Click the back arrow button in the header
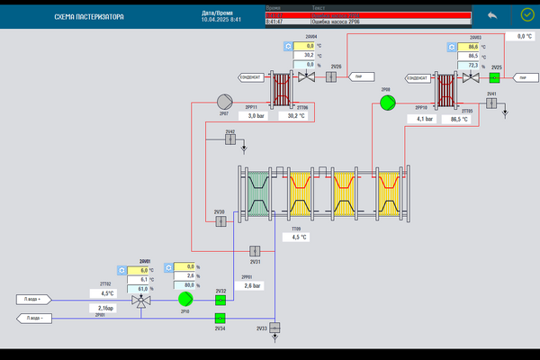pyautogui.click(x=491, y=15)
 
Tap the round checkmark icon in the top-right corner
pyautogui.click(x=527, y=15)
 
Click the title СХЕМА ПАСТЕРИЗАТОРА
pyautogui.click(x=89, y=17)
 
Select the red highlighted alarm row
pyautogui.click(x=368, y=15)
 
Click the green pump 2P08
pyautogui.click(x=387, y=103)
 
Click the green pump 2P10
pyautogui.click(x=185, y=297)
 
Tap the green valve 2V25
pyautogui.click(x=495, y=77)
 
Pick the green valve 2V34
pyautogui.click(x=220, y=318)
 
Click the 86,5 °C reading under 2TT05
pyautogui.click(x=460, y=119)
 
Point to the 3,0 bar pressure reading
pyautogui.click(x=256, y=116)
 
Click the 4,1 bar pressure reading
pyautogui.click(x=425, y=119)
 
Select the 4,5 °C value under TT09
pyautogui.click(x=299, y=238)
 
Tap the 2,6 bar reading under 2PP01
pyautogui.click(x=251, y=286)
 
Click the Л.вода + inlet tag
pyautogui.click(x=37, y=299)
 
